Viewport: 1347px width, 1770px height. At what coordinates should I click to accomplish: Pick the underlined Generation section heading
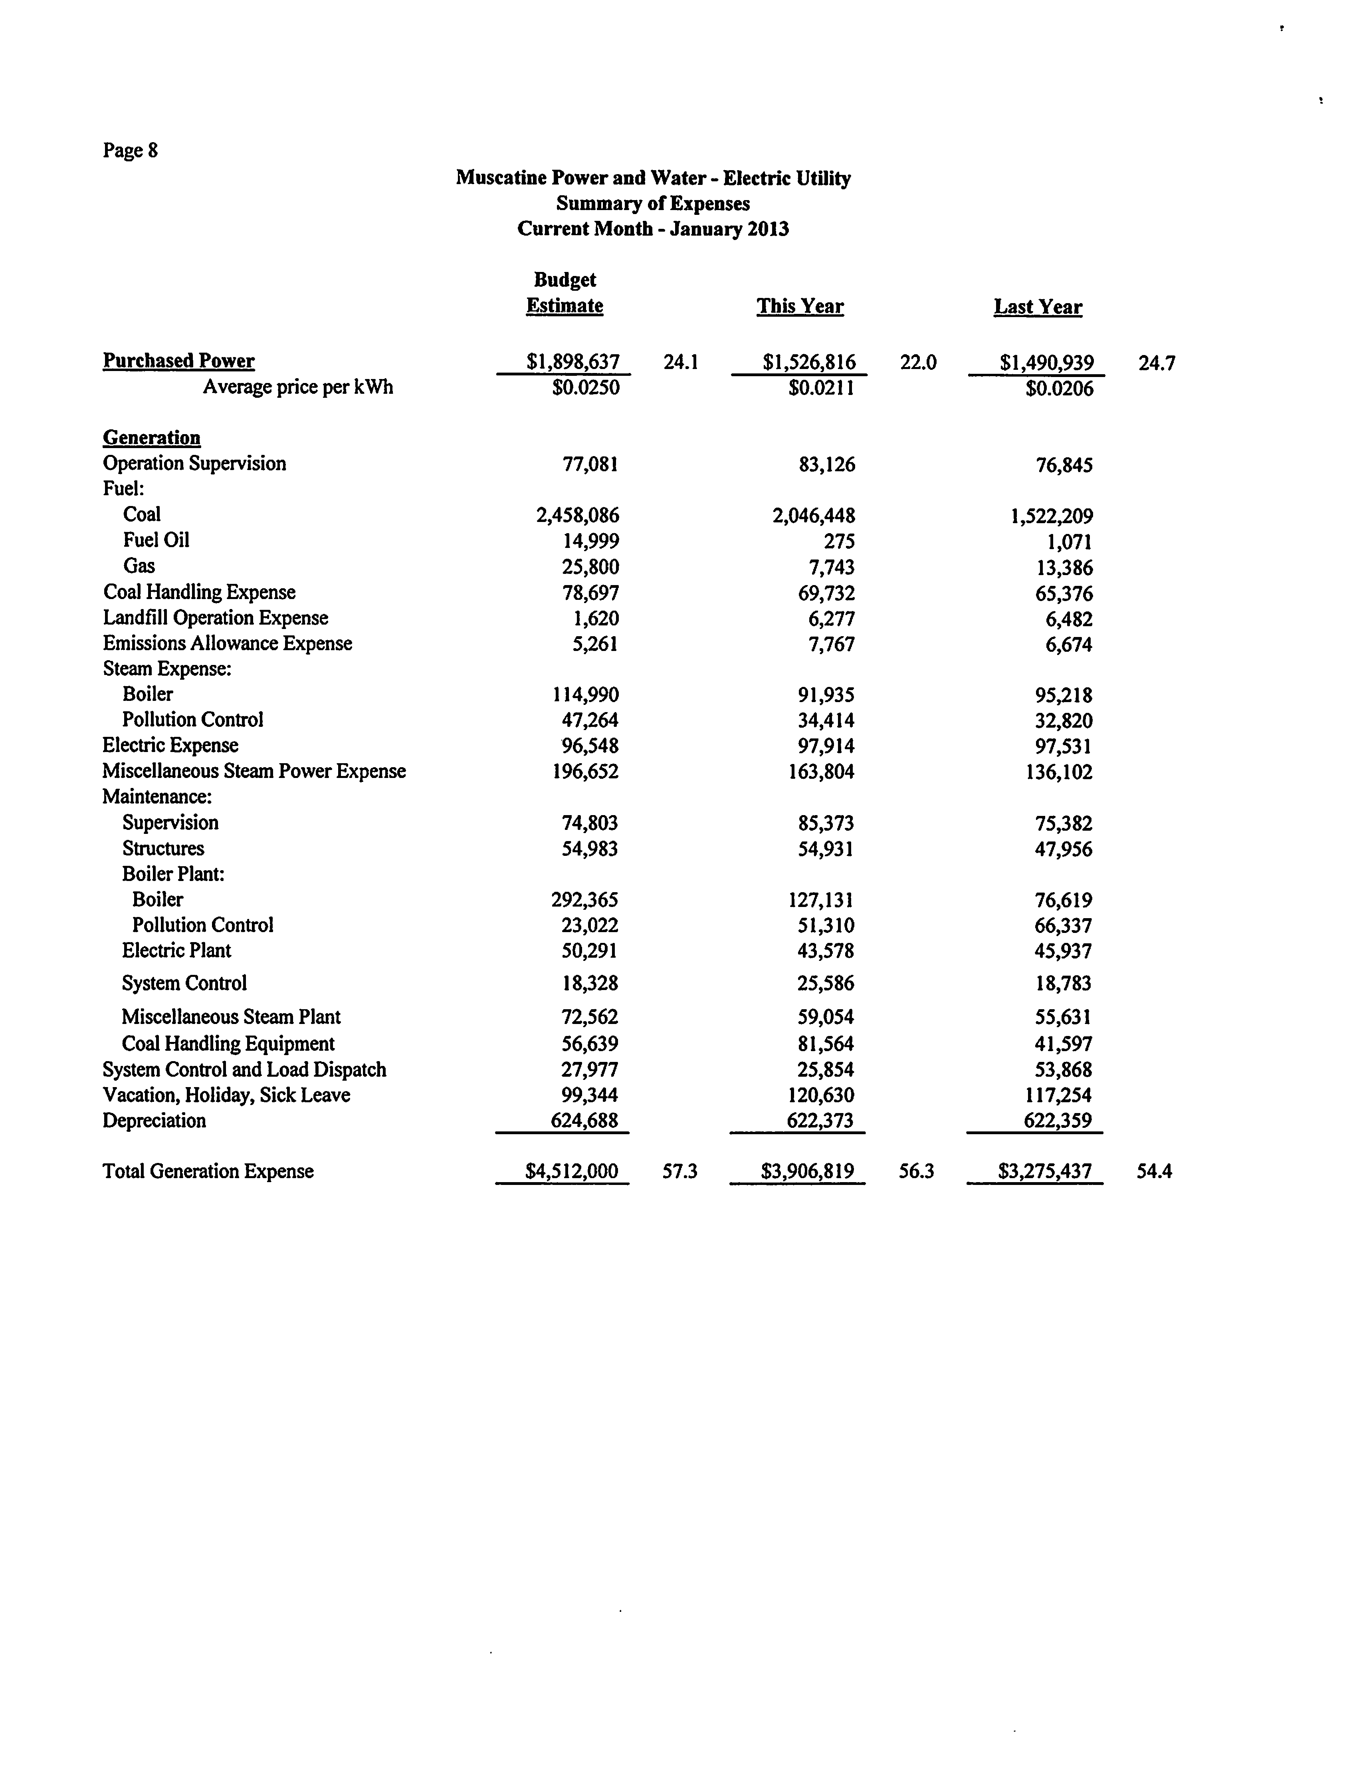(x=152, y=438)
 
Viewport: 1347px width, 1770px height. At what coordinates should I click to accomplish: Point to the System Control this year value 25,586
(x=826, y=983)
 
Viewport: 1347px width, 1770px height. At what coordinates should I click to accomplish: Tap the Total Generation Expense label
(x=208, y=1172)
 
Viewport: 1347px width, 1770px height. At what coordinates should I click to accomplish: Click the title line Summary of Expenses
(x=653, y=204)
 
